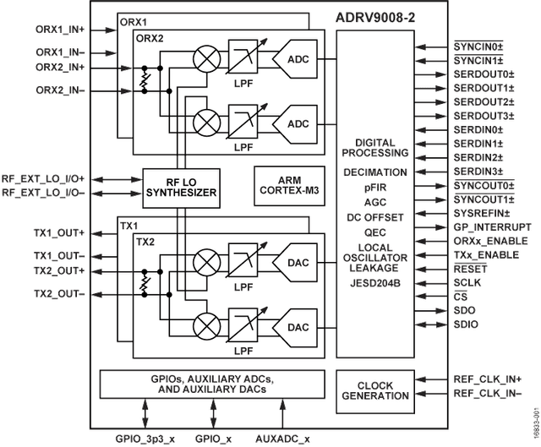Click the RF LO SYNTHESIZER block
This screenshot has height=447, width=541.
[182, 188]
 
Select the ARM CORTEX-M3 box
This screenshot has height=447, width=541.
[289, 186]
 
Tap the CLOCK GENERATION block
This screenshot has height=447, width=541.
[375, 391]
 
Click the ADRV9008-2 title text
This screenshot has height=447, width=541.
[375, 18]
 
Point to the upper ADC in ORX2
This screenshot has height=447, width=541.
[295, 59]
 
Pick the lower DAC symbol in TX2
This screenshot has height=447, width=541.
[295, 327]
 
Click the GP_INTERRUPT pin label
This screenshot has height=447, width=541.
[492, 227]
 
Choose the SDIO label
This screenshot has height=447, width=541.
[466, 324]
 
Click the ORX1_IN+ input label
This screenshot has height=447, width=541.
[60, 30]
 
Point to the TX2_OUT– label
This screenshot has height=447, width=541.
[59, 294]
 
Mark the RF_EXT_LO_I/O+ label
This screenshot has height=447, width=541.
[43, 179]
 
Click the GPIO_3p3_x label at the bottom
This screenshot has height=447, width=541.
[145, 439]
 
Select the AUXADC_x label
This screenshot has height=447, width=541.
[282, 439]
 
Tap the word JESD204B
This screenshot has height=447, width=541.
[375, 283]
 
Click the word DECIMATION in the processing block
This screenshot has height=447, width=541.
[375, 172]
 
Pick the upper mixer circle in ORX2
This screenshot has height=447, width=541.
[206, 59]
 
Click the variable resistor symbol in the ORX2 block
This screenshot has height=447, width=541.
[145, 79]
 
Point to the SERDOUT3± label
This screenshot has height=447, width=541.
[484, 116]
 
